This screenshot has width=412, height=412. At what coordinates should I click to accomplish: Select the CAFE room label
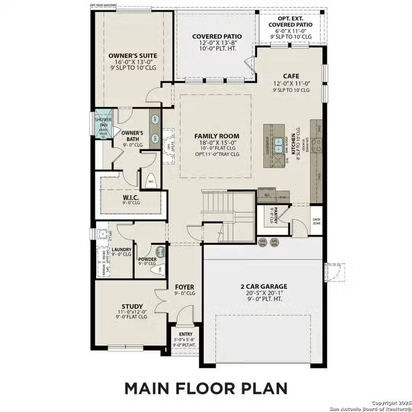pyautogui.click(x=291, y=76)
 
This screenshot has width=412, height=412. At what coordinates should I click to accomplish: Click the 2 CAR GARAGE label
pyautogui.click(x=263, y=286)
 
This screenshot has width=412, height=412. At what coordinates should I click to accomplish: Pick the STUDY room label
pyautogui.click(x=132, y=306)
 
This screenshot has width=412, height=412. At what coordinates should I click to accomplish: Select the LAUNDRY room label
pyautogui.click(x=122, y=249)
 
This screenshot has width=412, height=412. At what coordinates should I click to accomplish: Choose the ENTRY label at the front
pyautogui.click(x=185, y=334)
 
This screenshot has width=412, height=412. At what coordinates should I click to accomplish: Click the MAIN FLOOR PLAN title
pyautogui.click(x=206, y=388)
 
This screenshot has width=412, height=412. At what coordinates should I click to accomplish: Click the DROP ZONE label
pyautogui.click(x=316, y=221)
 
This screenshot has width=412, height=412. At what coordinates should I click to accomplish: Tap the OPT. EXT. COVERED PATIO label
pyautogui.click(x=291, y=21)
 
